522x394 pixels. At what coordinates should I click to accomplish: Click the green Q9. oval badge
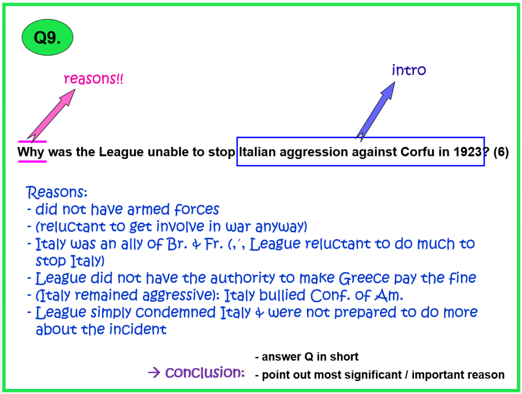[47, 37]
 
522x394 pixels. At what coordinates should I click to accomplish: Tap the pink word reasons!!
[93, 79]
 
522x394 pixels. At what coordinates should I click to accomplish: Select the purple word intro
[409, 70]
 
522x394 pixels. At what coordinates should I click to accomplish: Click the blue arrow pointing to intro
[375, 111]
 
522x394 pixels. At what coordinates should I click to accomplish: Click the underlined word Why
[31, 152]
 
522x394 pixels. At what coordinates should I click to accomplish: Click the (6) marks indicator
[501, 152]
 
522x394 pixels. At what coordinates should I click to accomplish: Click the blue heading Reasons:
[57, 192]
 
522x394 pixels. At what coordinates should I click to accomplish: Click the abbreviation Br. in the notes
[177, 244]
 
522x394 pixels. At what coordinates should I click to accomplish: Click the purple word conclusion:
[205, 373]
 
